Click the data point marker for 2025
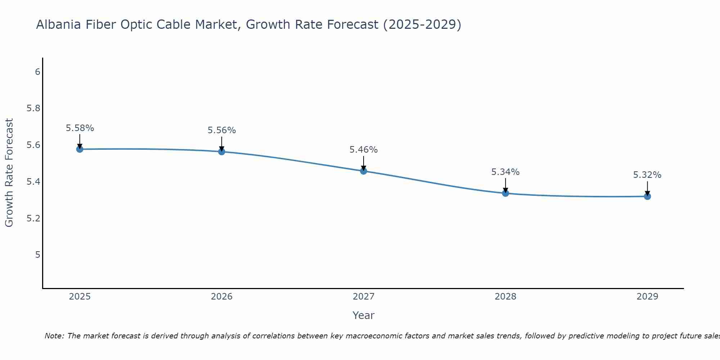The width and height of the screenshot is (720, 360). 80,149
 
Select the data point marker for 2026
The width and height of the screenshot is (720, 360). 221,152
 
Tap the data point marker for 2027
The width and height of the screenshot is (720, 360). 364,171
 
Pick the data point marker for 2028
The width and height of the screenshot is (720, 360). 505,193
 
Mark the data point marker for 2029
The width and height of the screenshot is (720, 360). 647,196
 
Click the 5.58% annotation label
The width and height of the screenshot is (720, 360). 80,128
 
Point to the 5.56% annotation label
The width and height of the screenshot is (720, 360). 221,130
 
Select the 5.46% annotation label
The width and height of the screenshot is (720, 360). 364,150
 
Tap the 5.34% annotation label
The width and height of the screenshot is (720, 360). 505,172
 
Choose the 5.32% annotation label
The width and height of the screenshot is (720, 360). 647,175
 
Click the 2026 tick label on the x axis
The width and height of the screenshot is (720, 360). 221,297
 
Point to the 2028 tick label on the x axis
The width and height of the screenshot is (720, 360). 505,297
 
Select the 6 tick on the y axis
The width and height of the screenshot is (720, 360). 37,72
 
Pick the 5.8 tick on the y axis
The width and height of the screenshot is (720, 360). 33,108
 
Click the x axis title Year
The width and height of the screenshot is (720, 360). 364,315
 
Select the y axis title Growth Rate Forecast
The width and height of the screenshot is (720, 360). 9,173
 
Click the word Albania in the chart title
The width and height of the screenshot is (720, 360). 58,25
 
